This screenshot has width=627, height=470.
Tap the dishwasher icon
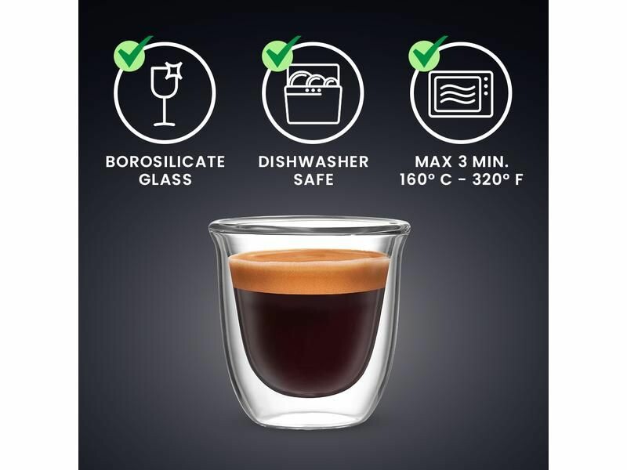[x=313, y=93]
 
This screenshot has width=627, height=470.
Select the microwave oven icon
[x=461, y=94]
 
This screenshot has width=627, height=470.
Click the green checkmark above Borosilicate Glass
[x=132, y=54]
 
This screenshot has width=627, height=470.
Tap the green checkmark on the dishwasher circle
[x=280, y=54]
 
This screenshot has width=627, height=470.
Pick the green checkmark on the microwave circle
[x=427, y=54]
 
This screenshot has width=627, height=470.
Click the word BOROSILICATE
[x=165, y=162]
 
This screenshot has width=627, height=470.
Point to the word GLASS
[x=165, y=179]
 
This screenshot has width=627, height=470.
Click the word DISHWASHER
[x=313, y=162]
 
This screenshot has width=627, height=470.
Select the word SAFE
[x=313, y=179]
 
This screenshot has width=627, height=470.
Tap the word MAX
[x=433, y=162]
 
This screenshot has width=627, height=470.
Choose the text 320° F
[x=497, y=179]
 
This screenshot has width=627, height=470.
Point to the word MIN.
[x=491, y=162]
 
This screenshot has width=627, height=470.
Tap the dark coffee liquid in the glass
[x=308, y=340]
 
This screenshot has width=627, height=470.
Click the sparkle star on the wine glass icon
[x=175, y=70]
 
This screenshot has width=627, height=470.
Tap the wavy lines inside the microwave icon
[x=458, y=95]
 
